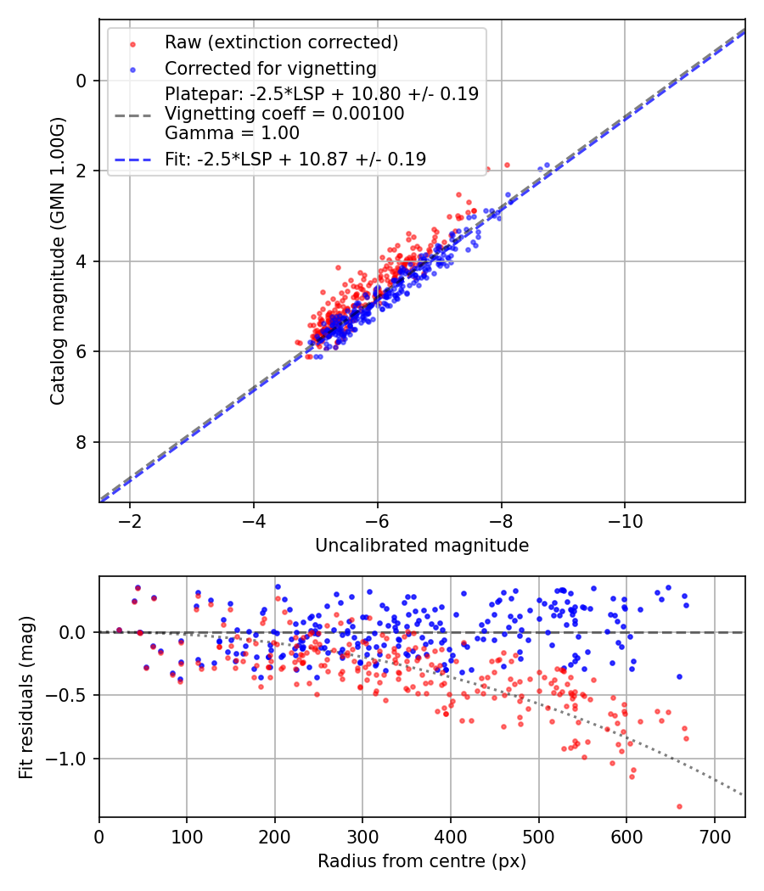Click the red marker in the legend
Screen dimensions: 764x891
click(132, 44)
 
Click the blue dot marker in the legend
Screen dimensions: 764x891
click(132, 70)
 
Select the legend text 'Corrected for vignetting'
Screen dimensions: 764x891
click(271, 69)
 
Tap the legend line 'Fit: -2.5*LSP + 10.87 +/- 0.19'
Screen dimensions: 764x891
click(295, 160)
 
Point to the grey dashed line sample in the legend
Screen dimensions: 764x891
click(133, 116)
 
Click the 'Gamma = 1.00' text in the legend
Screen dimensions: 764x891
click(232, 133)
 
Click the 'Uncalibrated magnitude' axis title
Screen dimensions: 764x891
click(422, 546)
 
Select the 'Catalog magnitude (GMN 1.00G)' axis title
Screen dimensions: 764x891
click(58, 261)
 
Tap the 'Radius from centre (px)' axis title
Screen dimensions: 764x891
click(422, 861)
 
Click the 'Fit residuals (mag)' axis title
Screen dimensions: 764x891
click(26, 698)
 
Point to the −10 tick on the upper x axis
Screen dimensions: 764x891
click(625, 521)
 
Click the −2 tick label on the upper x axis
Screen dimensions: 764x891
click(130, 521)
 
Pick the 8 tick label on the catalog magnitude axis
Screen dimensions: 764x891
click(81, 442)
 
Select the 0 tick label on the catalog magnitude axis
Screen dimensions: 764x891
click(81, 81)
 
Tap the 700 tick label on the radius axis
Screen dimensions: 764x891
click(714, 837)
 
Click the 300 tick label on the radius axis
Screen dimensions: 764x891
click(362, 837)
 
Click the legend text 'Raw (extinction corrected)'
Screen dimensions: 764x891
click(281, 42)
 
